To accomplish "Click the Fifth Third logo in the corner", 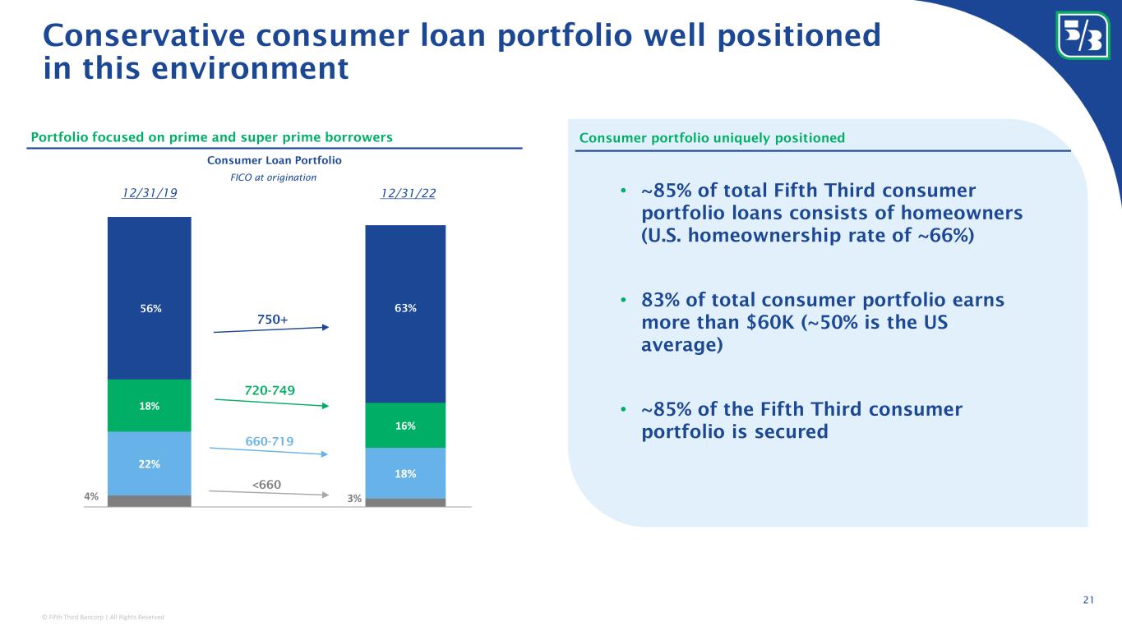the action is click(x=1083, y=35).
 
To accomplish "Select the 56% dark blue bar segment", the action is click(x=150, y=298).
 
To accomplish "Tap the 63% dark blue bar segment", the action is click(x=405, y=314).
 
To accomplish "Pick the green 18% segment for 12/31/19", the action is click(x=150, y=406).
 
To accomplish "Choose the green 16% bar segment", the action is click(x=405, y=425).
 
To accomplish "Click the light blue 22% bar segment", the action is click(x=150, y=463).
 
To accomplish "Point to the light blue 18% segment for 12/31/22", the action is click(x=405, y=473).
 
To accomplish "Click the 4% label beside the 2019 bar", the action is click(x=91, y=496).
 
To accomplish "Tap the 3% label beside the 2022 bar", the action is click(x=354, y=498).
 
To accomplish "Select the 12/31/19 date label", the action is click(x=150, y=193).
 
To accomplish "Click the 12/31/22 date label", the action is click(x=408, y=193).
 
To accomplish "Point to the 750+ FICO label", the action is click(x=273, y=320).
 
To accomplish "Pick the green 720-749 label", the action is click(x=270, y=390).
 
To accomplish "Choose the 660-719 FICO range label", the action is click(x=269, y=441).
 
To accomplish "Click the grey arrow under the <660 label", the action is click(x=269, y=493).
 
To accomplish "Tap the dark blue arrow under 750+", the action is click(x=271, y=329).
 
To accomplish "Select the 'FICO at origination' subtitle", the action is click(x=273, y=177).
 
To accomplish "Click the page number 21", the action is click(x=1088, y=600).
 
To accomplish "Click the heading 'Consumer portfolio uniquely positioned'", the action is click(x=712, y=138).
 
